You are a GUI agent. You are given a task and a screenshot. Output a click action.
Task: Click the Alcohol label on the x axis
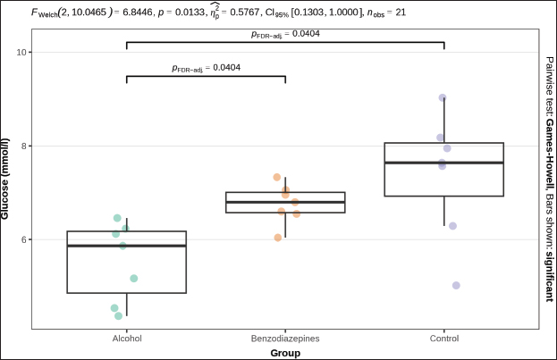pos(126,339)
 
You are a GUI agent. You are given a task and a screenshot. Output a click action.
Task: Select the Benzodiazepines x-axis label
pos(285,339)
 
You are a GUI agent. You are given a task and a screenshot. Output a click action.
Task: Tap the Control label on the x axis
pos(444,339)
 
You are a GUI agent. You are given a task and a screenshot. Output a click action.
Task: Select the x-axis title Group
pos(285,353)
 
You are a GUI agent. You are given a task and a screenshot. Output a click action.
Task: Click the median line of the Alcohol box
pos(126,246)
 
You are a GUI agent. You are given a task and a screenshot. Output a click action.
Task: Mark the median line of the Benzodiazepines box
pos(285,202)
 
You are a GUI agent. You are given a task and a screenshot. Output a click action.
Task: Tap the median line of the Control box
pos(444,163)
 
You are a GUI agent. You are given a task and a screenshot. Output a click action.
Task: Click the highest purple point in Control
pos(443,98)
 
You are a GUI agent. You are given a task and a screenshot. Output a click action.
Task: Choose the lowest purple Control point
pos(456,286)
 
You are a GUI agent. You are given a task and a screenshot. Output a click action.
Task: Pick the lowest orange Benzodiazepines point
pos(278,238)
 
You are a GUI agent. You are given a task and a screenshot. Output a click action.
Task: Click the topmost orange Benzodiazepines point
pos(277,177)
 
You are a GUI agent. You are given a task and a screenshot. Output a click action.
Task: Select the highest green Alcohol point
pos(117,218)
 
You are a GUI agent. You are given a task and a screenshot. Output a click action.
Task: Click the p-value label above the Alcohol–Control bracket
pos(285,34)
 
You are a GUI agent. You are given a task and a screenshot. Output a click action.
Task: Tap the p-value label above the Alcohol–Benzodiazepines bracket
pos(206,68)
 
